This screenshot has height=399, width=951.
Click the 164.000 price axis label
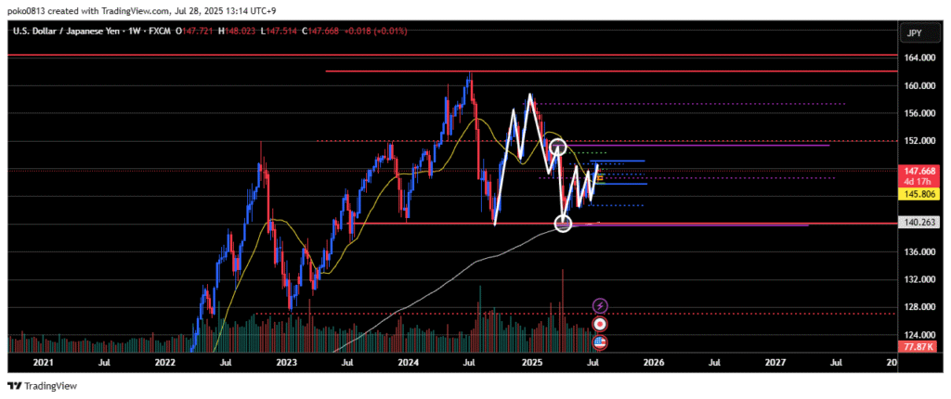919,58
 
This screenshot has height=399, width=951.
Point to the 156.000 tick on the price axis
919,113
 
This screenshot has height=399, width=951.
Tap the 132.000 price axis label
919,279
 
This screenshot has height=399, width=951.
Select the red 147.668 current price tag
919,172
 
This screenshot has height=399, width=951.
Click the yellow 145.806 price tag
919,194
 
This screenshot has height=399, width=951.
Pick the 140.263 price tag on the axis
919,223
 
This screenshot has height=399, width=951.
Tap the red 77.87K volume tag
919,346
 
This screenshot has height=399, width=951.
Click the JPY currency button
915,33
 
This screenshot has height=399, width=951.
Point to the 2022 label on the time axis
164,363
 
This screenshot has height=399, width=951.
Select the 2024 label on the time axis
408,363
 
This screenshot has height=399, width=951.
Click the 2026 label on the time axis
653,363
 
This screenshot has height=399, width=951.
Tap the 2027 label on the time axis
775,363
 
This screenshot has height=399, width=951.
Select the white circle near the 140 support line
563,223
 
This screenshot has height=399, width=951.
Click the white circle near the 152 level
557,146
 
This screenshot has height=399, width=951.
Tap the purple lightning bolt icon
600,304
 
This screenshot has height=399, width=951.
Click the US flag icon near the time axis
600,342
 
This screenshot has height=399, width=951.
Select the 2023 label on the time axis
286,363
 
